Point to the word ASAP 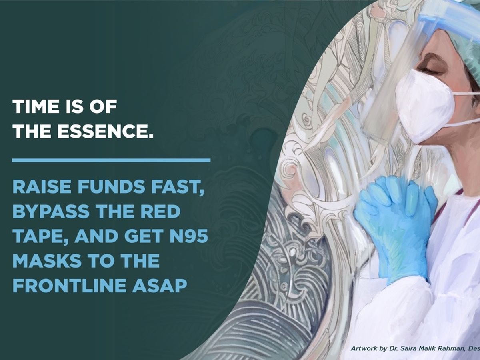pyautogui.click(x=159, y=286)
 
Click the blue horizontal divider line pyautogui.click(x=111, y=160)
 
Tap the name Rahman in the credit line pyautogui.click(x=453, y=349)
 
